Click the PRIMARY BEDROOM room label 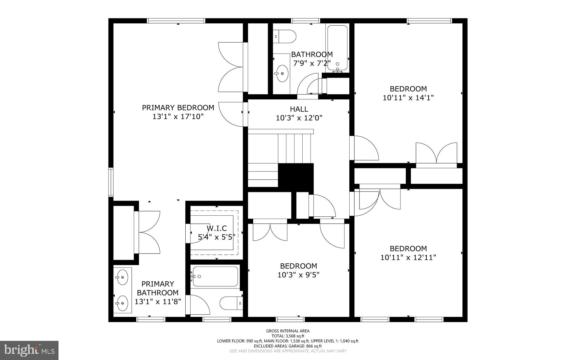tap(178, 108)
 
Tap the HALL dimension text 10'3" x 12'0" tap(299, 118)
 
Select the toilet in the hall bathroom tap(285, 37)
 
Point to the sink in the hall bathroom tap(282, 73)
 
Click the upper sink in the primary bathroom tap(122, 277)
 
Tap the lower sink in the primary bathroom tap(122, 303)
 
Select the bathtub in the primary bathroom tap(215, 276)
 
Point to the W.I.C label tap(217, 228)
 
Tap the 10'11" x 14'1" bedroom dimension tap(408, 98)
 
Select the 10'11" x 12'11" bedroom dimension tap(408, 258)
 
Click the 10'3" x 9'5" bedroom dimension tap(298, 275)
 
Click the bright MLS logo tap(29, 350)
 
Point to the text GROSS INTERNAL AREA tap(288, 331)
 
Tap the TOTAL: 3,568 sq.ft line tap(288, 336)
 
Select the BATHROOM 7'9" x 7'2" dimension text tap(312, 63)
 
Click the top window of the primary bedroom tap(176, 21)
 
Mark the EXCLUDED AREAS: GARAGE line tap(288, 346)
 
